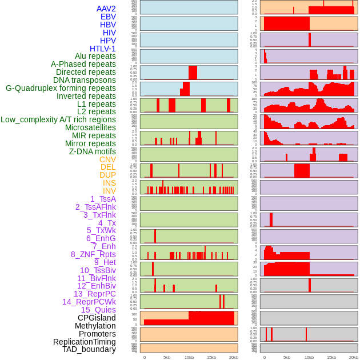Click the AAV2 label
[x=106, y=9]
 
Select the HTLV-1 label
[x=102, y=49]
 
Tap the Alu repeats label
[x=95, y=57]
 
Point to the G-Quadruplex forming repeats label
[x=61, y=89]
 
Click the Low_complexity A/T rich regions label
[x=58, y=119]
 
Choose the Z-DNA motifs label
[x=92, y=151]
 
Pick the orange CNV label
[x=107, y=159]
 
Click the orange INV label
[x=109, y=191]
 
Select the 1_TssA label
[x=103, y=199]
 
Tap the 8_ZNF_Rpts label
[x=93, y=254]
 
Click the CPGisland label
[x=97, y=318]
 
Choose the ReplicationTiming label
[x=85, y=342]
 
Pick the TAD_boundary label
[x=89, y=349]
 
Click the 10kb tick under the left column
[x=189, y=357]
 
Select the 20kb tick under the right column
[x=354, y=357]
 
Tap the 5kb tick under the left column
[x=166, y=357]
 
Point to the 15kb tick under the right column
[x=331, y=357]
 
